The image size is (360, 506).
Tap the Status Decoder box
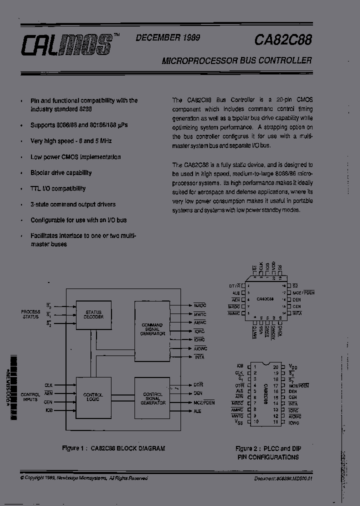point(93,314)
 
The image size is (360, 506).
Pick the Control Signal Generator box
point(152,397)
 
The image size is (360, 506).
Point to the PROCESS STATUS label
point(30,314)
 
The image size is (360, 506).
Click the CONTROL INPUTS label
point(30,397)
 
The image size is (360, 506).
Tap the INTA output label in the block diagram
point(199,356)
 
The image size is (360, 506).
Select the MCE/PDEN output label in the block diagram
point(203,402)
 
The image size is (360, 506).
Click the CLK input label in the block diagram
point(48,385)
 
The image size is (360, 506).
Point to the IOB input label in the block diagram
point(48,410)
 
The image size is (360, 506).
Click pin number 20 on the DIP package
point(275,366)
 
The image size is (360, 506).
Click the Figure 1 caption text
point(113,448)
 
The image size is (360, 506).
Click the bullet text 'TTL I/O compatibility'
point(58,188)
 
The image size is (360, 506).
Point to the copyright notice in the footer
point(84,478)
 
